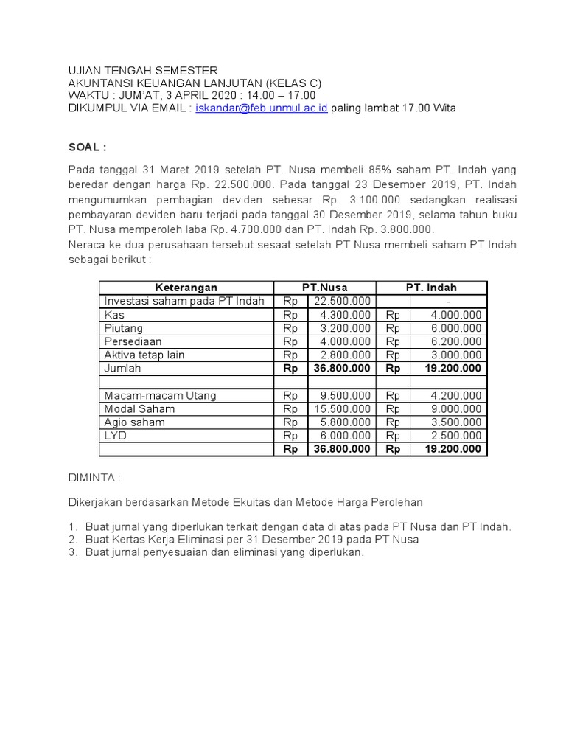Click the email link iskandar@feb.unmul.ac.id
pos(261,108)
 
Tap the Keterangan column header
pos(186,288)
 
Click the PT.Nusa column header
pos(325,288)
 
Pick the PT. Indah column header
pos(432,288)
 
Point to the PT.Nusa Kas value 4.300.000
pos(345,315)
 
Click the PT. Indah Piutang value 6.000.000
pos(455,328)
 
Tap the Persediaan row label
pos(133,341)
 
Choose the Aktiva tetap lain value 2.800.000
pos(345,355)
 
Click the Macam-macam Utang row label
pos(160,395)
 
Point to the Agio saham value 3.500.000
pos(455,422)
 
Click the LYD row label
pos(115,435)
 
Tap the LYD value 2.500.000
pos(455,435)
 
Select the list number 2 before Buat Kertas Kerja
pos(72,540)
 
